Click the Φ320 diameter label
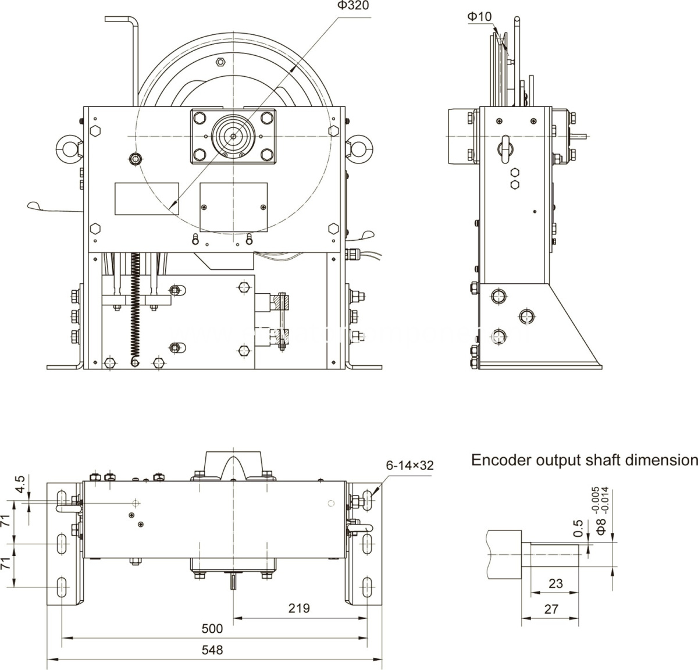[x=352, y=6]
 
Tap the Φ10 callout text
[x=479, y=17]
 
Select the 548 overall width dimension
[x=213, y=650]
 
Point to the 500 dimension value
[x=212, y=629]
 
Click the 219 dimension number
[x=299, y=608]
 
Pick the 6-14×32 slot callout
[x=409, y=465]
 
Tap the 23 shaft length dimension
[x=555, y=583]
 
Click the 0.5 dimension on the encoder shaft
[x=578, y=528]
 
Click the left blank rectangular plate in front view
[x=146, y=198]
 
